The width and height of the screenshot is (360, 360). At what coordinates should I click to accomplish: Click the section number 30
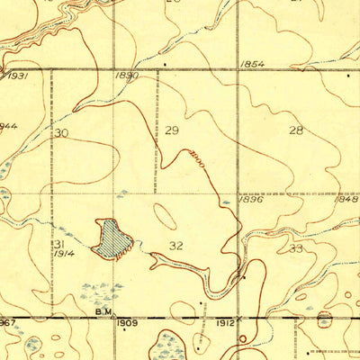61,133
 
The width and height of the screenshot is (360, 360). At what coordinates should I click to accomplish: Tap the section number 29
173,131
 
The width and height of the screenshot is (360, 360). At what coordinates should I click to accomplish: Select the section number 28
295,131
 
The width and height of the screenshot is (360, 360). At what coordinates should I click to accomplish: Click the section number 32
176,245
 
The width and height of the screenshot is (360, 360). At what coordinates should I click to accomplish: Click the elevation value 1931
16,76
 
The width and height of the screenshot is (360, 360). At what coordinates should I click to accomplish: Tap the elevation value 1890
127,76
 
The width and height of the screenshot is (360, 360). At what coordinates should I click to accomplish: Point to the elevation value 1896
250,200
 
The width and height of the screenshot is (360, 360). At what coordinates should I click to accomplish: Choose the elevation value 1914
62,255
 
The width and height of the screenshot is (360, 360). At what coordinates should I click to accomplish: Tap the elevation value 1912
226,322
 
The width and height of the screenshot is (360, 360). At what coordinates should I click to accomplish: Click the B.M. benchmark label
103,313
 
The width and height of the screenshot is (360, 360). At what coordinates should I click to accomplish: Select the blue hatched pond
113,238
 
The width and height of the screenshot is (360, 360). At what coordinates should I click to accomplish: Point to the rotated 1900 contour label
195,157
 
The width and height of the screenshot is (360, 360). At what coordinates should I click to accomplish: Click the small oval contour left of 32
164,217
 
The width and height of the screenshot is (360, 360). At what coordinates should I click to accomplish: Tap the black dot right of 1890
164,66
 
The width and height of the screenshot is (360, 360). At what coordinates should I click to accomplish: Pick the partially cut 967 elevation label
8,322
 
